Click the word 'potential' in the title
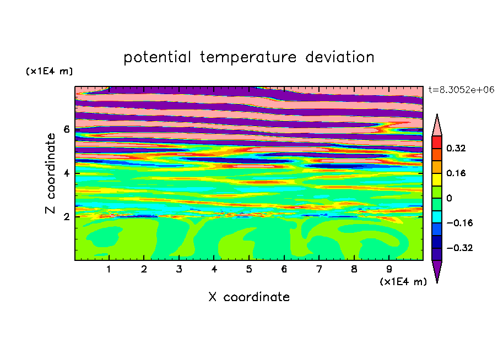157,57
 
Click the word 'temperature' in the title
248,57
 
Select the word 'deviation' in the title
340,57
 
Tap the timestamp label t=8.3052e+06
461,90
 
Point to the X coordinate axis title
249,297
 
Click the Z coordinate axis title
51,173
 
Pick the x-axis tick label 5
249,269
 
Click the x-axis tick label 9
389,269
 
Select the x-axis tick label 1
109,269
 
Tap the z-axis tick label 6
66,129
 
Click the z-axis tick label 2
66,217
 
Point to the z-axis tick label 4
66,173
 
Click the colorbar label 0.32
456,148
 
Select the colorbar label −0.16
459,223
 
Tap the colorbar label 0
449,198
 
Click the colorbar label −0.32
459,248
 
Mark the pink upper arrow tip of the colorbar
437,114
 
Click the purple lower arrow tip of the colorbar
437,282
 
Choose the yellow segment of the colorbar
437,179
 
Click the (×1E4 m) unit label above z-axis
49,71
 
